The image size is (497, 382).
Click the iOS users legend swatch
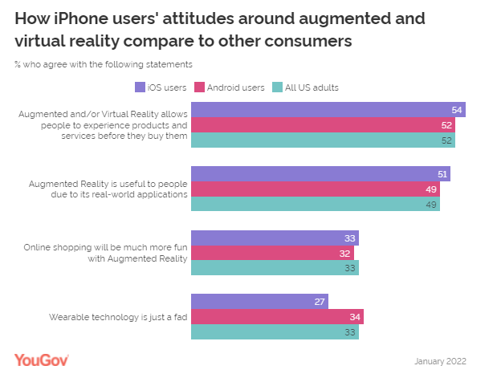(x=140, y=87)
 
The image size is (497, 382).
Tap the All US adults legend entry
(x=308, y=87)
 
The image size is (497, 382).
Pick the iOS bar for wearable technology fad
(x=259, y=302)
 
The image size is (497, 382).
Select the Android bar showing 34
(x=277, y=317)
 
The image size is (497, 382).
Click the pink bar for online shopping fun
(x=272, y=253)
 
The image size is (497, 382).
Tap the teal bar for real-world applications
(x=316, y=205)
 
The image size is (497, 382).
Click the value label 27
(x=319, y=302)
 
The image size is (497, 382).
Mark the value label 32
(x=344, y=253)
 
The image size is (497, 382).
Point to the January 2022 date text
(x=440, y=361)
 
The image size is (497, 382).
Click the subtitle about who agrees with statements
(x=103, y=64)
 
